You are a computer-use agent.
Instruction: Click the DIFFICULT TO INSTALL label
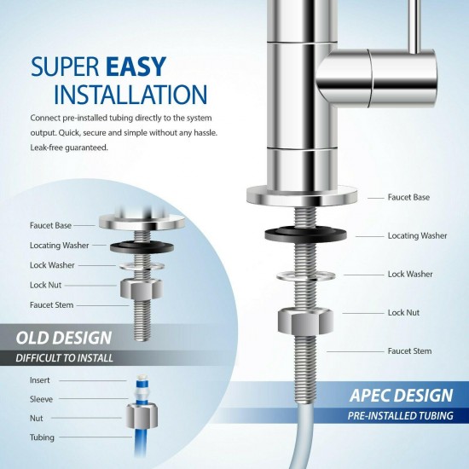pyautogui.click(x=65, y=357)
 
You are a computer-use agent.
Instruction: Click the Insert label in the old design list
pyautogui.click(x=40, y=379)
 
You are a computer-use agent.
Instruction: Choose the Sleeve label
pyautogui.click(x=42, y=397)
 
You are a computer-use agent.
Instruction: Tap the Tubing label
pyautogui.click(x=42, y=437)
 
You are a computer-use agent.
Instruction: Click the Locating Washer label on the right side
pyautogui.click(x=417, y=235)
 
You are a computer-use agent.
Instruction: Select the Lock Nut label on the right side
pyautogui.click(x=403, y=313)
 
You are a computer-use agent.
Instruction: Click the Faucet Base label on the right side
pyautogui.click(x=409, y=197)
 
